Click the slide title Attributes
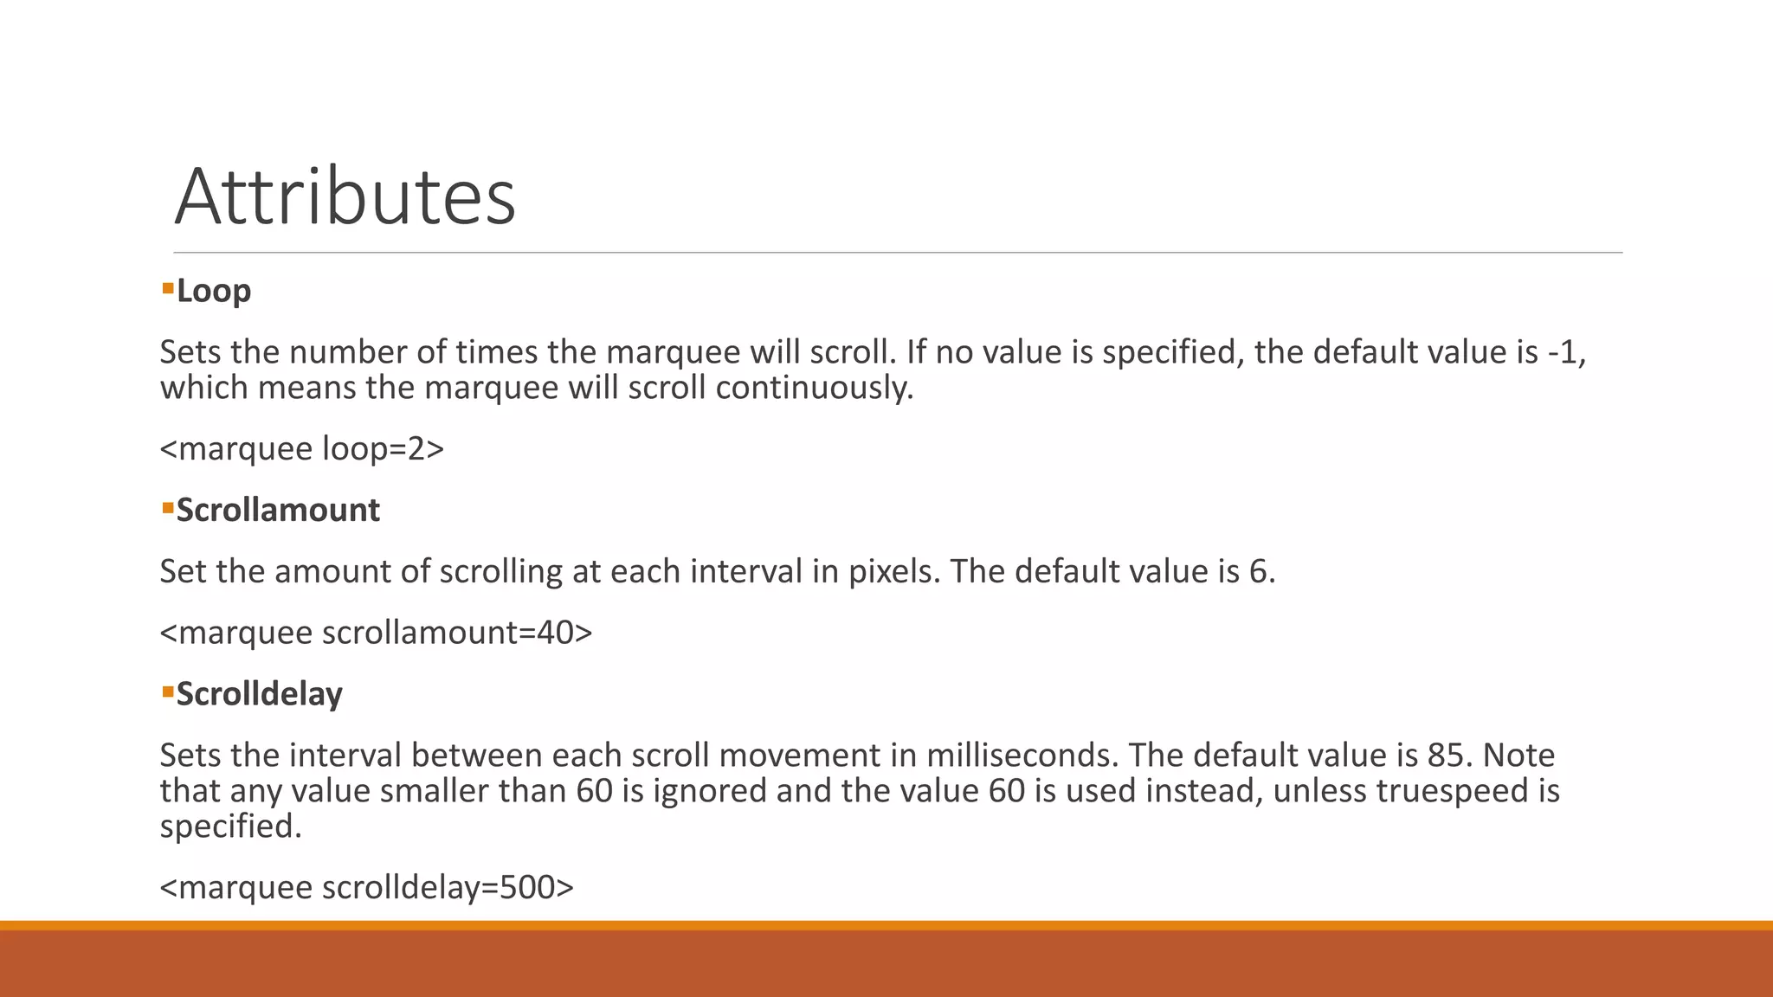345,197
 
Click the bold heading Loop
213,291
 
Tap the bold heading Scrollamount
278,510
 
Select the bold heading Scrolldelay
259,694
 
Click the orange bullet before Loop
168,286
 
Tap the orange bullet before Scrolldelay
168,689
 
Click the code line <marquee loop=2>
301,448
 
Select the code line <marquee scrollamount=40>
376,633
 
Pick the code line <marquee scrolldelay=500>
366,887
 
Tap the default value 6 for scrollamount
1260,571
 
